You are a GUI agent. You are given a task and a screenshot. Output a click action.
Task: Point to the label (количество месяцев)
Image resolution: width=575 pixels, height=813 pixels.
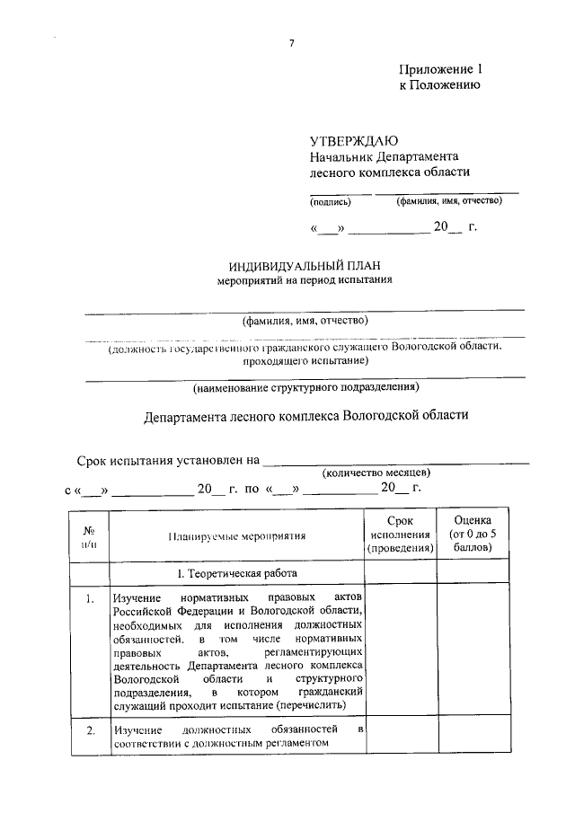point(376,472)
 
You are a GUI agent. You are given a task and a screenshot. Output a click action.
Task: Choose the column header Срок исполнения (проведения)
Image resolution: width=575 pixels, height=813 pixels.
point(400,535)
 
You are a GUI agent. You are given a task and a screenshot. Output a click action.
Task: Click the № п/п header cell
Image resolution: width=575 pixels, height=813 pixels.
point(89,535)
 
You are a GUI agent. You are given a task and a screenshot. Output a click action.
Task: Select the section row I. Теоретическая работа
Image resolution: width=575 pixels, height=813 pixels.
point(236,572)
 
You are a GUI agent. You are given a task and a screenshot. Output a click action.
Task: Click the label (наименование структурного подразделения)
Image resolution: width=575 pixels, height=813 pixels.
point(305,388)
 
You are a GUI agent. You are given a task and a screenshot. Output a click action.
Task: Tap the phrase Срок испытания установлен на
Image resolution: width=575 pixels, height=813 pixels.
point(168,461)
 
